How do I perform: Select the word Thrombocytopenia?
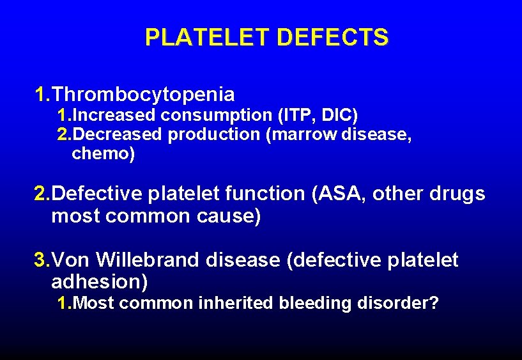143,95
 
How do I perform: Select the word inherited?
236,302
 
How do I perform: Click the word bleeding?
311,302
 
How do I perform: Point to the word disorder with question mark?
395,302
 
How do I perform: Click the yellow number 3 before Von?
40,260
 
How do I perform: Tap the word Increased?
115,116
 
